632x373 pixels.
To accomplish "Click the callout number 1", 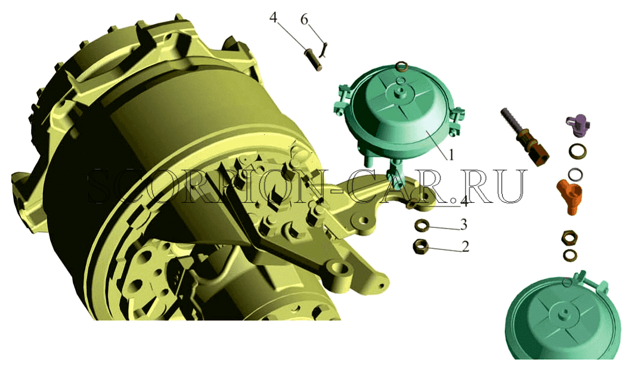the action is tap(451, 155).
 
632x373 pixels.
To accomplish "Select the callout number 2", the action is tap(465, 246).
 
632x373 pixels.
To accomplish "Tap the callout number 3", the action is tap(463, 224).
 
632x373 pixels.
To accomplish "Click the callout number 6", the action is tap(304, 19).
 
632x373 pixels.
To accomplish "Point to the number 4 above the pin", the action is tap(273, 18).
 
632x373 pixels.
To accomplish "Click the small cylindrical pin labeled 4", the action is tap(315, 59).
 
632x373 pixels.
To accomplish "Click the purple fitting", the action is tap(578, 124).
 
